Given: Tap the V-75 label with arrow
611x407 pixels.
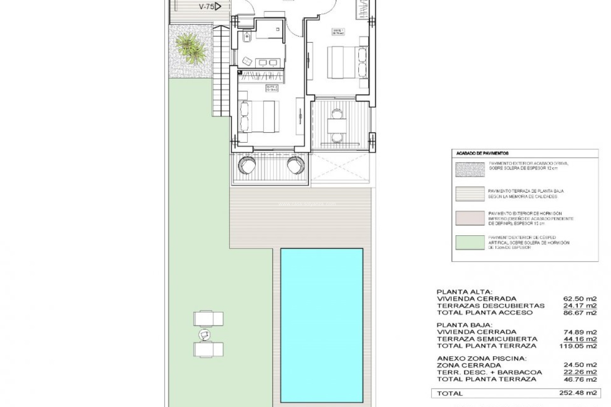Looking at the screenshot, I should (x=210, y=6).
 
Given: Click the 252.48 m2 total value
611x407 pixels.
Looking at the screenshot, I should (x=578, y=393).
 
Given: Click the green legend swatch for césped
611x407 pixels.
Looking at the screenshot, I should (x=470, y=243).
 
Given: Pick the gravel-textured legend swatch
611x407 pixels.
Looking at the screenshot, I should (x=470, y=169).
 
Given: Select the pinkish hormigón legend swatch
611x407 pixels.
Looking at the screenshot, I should (x=470, y=218).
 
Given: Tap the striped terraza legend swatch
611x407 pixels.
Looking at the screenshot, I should (x=470, y=194).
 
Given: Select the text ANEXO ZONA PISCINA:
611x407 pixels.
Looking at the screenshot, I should (x=481, y=358).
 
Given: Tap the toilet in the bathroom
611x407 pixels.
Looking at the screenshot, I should (x=247, y=38).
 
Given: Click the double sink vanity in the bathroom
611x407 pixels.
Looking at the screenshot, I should (x=268, y=63).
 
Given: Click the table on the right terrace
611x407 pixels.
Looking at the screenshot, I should (x=337, y=126).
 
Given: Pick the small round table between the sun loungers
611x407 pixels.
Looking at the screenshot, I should (x=204, y=335).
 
